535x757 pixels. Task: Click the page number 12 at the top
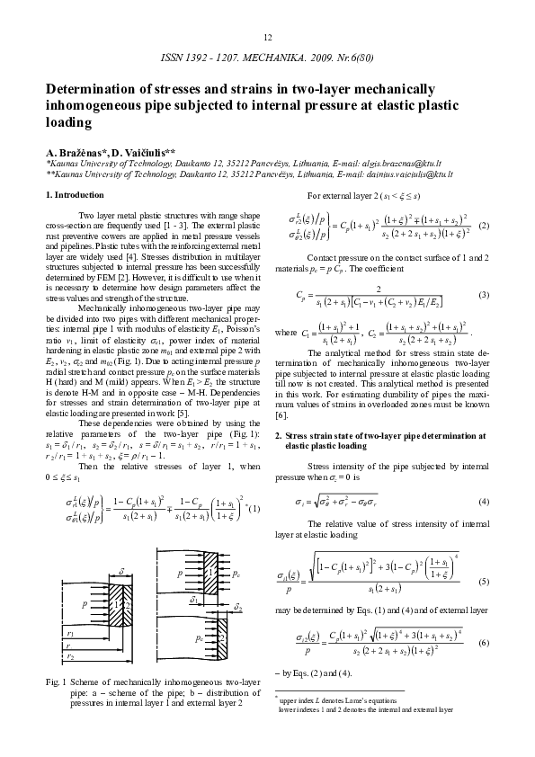[267, 37]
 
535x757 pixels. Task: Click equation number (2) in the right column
[483, 225]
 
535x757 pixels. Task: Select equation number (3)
[483, 296]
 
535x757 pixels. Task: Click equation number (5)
[483, 582]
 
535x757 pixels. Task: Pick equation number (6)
[483, 643]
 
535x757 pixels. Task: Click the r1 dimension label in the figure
[71, 634]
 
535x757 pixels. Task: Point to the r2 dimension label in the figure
[71, 657]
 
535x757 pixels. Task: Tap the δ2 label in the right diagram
[237, 608]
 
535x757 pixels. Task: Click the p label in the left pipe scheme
[85, 605]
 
